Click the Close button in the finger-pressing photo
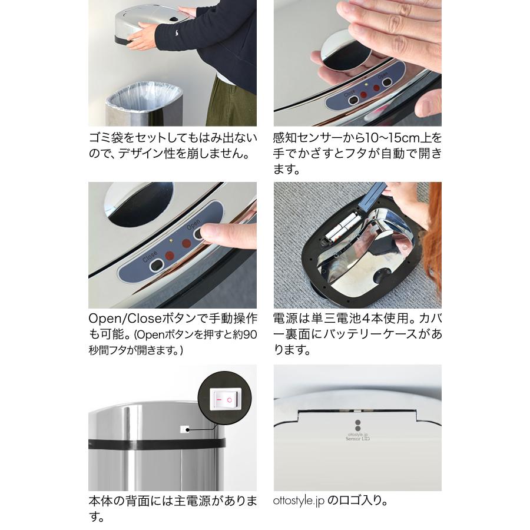pos(156,266)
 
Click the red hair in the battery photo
pos(434,236)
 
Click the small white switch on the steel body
pos(185,430)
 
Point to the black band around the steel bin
pos(156,443)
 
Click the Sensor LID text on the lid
pos(357,439)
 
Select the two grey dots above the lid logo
pos(357,425)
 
